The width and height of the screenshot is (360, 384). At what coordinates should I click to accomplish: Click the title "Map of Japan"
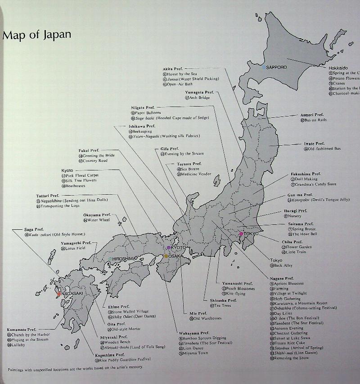point(36,36)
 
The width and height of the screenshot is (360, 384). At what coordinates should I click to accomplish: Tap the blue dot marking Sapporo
point(264,67)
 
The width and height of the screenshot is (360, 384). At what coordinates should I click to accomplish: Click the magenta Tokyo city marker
point(242,233)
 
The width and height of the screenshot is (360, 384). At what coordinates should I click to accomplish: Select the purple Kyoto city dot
point(169,248)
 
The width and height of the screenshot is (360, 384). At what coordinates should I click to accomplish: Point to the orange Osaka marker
point(166,256)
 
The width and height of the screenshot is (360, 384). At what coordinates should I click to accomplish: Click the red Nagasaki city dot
point(58,294)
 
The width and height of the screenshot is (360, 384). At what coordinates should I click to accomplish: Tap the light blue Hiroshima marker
point(110,259)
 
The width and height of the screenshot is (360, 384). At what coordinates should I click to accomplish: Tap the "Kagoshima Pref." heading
point(110,355)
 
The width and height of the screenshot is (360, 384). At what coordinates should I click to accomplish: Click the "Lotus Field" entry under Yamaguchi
point(76,248)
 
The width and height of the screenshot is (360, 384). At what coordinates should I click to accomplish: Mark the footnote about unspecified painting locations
point(75,367)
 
